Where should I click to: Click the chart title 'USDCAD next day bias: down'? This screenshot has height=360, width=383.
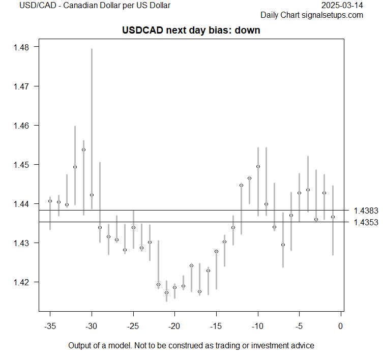(x=191, y=30)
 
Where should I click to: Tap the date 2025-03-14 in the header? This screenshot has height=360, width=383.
(x=343, y=6)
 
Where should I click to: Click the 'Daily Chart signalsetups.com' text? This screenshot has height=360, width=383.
(x=312, y=15)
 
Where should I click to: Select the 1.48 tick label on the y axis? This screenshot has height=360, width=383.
(x=22, y=47)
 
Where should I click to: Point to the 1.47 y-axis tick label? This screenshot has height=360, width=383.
(x=22, y=86)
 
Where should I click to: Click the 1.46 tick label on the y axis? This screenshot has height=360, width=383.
(x=22, y=126)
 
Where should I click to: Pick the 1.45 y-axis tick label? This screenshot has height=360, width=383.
(x=22, y=165)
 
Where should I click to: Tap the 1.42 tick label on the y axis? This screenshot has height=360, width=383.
(x=22, y=282)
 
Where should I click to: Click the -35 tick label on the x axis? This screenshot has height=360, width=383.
(x=50, y=325)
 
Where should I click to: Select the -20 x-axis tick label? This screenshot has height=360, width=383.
(x=174, y=325)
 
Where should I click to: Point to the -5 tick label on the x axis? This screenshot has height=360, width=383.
(x=299, y=325)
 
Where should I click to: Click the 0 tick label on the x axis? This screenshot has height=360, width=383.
(x=341, y=325)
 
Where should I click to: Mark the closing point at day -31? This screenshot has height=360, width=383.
(x=83, y=150)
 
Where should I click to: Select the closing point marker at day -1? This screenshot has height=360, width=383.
(x=333, y=217)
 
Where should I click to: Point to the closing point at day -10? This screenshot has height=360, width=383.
(x=258, y=166)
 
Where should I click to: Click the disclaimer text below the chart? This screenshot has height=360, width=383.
(x=191, y=346)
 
